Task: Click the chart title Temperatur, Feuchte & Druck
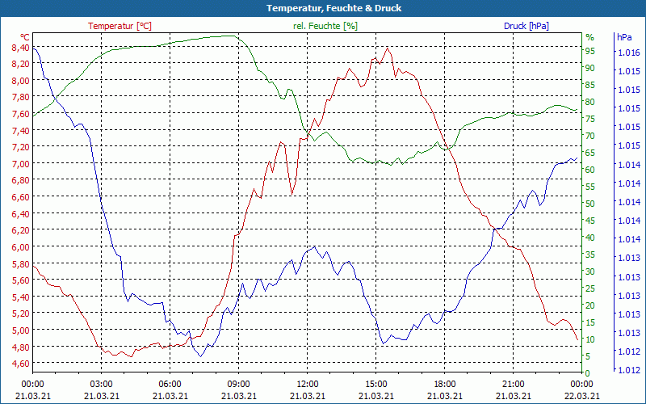tap(323, 8)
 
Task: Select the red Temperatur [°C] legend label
tap(120, 26)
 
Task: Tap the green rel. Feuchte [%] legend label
tap(325, 26)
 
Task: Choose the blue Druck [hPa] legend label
tap(526, 26)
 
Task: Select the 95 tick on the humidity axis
tap(590, 51)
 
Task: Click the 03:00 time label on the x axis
tap(101, 384)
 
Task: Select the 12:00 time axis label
tap(307, 384)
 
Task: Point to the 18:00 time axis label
tap(445, 384)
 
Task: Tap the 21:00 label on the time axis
tap(514, 384)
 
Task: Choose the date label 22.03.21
tap(582, 396)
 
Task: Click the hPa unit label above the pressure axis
tap(624, 37)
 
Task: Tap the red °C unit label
tap(25, 37)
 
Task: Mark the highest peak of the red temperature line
tap(388, 48)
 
